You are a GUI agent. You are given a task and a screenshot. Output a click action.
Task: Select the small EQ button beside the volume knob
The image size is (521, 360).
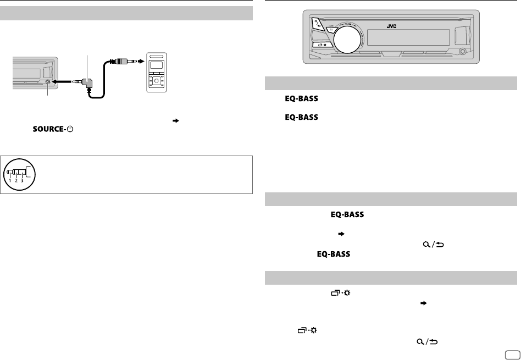[331, 29]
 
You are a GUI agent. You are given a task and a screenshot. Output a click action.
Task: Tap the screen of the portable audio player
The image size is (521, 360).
[157, 66]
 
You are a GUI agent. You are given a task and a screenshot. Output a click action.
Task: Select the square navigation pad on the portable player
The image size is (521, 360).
[157, 81]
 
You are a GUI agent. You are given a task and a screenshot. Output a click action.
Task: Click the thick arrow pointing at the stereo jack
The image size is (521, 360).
[60, 82]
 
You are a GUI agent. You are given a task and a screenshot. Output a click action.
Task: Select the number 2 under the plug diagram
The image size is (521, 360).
[15, 180]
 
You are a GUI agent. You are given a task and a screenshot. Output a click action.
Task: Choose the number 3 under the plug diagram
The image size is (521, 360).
[22, 180]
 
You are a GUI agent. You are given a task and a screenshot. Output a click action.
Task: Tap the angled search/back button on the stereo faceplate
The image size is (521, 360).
[317, 24]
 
